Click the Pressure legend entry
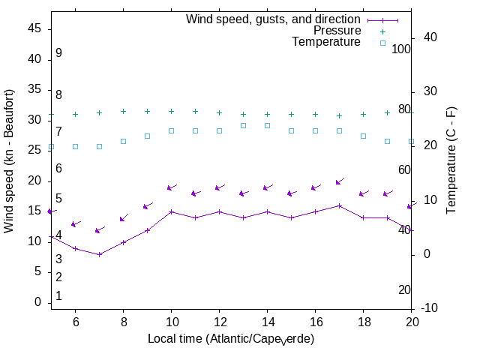[x=337, y=31]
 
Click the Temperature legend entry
[x=326, y=42]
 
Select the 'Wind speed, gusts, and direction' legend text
[x=274, y=19]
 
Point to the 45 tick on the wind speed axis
[x=35, y=28]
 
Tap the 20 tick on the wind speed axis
[x=35, y=181]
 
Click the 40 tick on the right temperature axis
[x=442, y=37]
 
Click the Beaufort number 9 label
[x=58, y=53]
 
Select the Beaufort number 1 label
[x=58, y=296]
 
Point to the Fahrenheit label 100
[x=402, y=49]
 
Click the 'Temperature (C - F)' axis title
[x=452, y=160]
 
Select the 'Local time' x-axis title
[x=231, y=339]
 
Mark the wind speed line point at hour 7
[x=99, y=254]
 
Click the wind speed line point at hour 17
[x=339, y=205]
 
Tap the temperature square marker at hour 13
[x=243, y=125]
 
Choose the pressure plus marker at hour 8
[x=123, y=111]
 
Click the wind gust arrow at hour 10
[x=171, y=187]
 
